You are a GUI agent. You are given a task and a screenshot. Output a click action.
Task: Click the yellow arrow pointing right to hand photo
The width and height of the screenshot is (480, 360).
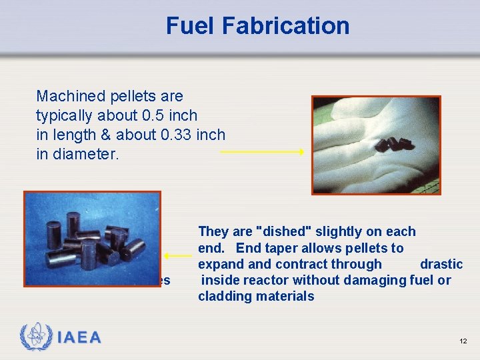pos(261,152)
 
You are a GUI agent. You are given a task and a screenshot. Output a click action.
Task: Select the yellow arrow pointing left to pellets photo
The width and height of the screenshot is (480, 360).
pos(178,255)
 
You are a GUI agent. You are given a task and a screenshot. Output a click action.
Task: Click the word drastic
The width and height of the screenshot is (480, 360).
pos(441,264)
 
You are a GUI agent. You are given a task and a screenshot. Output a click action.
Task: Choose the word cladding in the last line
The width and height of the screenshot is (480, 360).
pos(223,297)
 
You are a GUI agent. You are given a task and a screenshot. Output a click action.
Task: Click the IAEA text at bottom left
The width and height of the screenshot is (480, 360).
pos(79,338)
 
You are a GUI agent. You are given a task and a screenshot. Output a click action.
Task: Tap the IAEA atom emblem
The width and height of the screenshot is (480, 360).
pos(35,337)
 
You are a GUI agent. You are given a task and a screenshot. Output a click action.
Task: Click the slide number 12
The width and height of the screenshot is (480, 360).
pos(463,341)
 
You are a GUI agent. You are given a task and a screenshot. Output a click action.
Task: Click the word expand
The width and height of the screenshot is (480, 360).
pos(219,264)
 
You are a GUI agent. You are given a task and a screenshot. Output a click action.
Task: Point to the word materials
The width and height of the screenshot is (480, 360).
pos(283,297)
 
